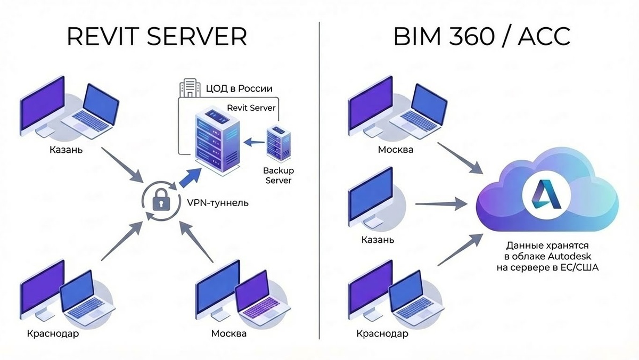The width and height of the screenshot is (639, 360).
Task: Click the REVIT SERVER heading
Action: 157,37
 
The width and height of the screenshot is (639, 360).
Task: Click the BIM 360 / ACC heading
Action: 481,37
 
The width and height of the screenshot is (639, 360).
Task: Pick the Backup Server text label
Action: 278,176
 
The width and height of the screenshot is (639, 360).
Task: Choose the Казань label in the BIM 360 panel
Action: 378,240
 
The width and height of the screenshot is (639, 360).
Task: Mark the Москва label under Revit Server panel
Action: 229,334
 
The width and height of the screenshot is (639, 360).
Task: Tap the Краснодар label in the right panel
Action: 381,334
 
